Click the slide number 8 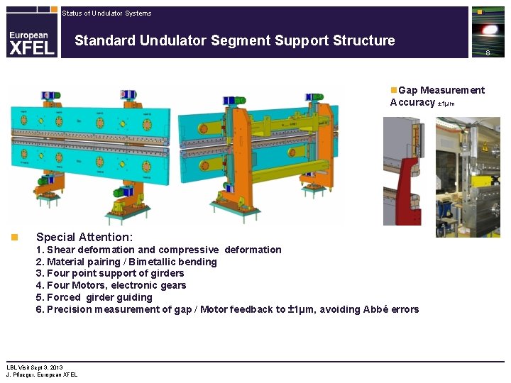click(488, 53)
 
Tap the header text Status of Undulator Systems click(106, 13)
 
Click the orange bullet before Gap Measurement click(394, 90)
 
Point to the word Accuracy click(412, 102)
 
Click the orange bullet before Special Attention click(13, 237)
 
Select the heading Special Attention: click(84, 237)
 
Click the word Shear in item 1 click(60, 250)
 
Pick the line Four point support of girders click(110, 273)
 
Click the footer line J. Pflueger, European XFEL click(42, 374)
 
